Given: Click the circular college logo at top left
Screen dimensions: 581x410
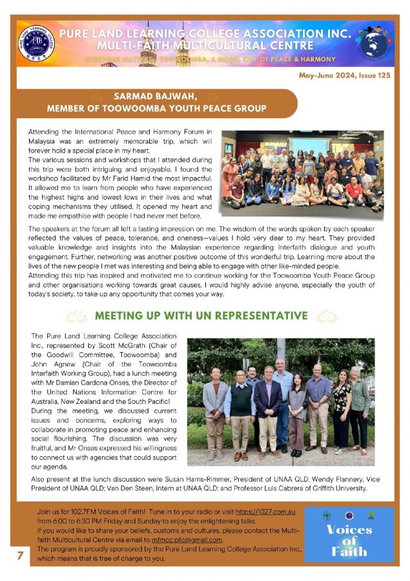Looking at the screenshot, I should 37,43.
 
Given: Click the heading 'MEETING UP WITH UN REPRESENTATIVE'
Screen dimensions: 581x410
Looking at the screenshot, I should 201,316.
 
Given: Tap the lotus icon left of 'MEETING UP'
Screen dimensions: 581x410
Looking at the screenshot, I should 76,316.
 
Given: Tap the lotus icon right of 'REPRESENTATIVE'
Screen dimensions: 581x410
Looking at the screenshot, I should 327,316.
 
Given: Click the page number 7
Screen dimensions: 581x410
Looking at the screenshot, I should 21,555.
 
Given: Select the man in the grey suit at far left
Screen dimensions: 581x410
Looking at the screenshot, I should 216,413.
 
